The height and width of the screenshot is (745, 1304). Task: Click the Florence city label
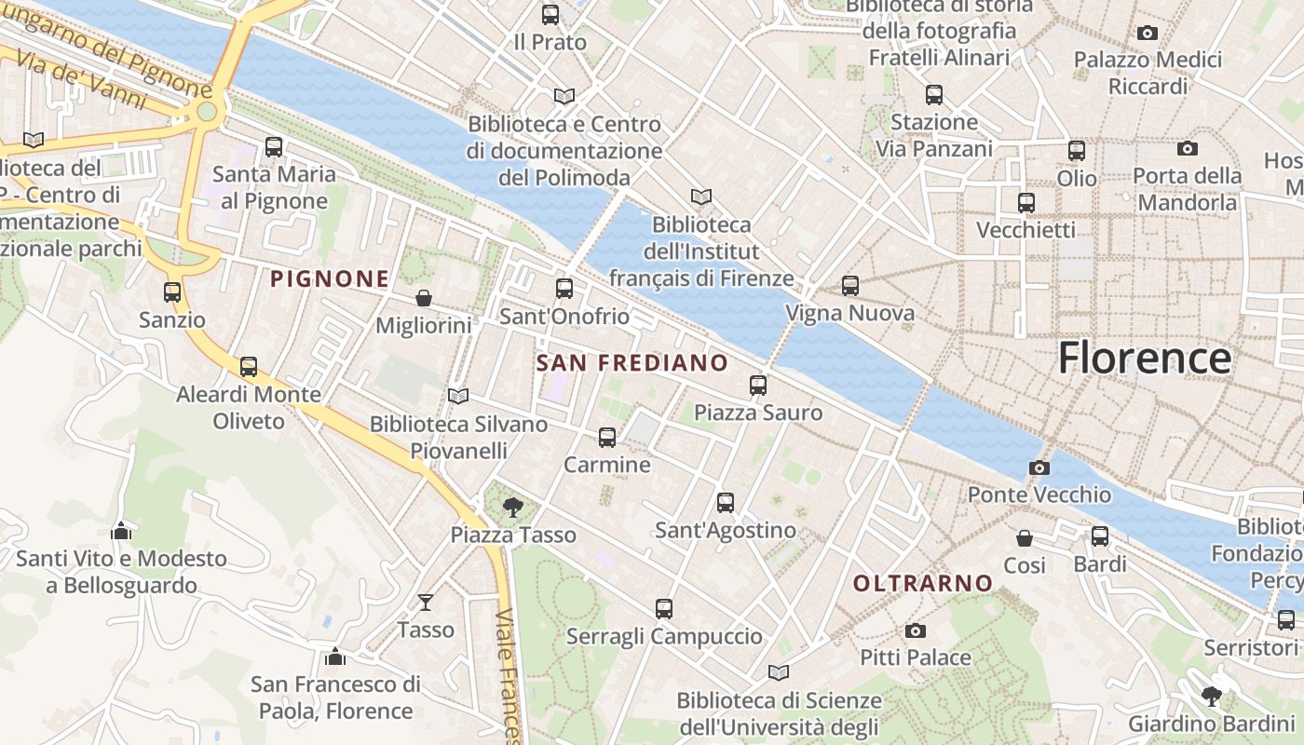(x=1145, y=359)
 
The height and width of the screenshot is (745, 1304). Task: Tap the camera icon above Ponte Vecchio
(x=1039, y=467)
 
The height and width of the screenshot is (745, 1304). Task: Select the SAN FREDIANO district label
(x=632, y=363)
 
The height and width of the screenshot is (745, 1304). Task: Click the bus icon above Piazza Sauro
(x=758, y=385)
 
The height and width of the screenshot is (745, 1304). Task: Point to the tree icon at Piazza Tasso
(x=512, y=508)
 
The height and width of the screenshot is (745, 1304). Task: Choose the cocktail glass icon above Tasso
(x=426, y=603)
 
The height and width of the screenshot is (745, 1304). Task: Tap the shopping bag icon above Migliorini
(x=424, y=298)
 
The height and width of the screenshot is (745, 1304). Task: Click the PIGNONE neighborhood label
(x=330, y=278)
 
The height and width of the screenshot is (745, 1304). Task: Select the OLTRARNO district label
(x=923, y=584)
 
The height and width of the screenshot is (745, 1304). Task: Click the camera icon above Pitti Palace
(x=916, y=630)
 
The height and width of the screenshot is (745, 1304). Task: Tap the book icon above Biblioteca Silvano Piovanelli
(x=457, y=397)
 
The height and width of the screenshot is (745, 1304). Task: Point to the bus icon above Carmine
(x=607, y=437)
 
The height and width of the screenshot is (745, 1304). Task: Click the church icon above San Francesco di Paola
(x=335, y=657)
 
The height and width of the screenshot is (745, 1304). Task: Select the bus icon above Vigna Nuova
(x=850, y=286)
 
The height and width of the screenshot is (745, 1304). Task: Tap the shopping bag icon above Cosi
(x=1025, y=538)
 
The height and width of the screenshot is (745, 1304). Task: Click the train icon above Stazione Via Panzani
(x=934, y=94)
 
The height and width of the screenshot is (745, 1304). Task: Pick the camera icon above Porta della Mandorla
(x=1188, y=148)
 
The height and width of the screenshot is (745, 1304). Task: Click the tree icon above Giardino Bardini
(x=1212, y=696)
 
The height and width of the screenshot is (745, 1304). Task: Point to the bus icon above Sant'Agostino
(x=726, y=503)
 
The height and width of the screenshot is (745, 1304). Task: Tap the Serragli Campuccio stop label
(x=664, y=637)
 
